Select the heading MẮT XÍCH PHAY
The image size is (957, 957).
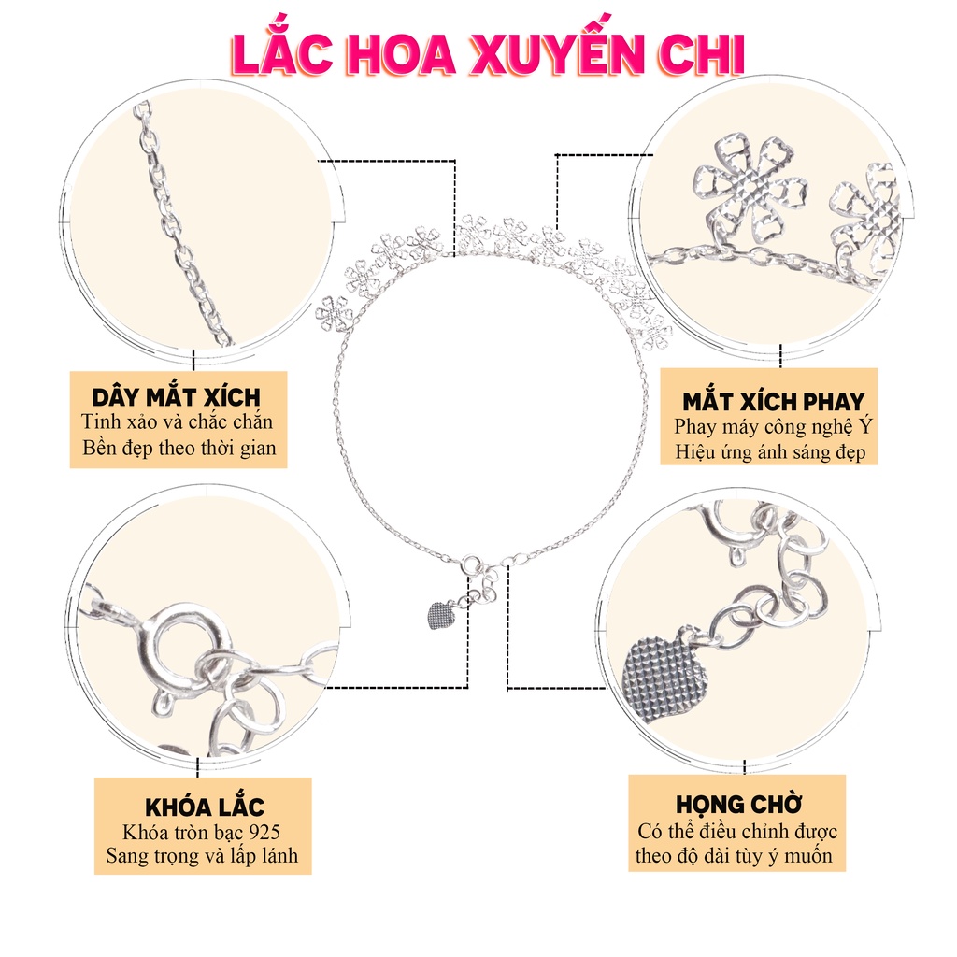pos(772,403)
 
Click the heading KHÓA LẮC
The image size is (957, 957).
pos(205,807)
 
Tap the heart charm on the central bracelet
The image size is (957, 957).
pos(439,614)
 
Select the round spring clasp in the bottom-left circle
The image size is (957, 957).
pos(190,644)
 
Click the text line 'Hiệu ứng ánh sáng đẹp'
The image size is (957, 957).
pos(771,452)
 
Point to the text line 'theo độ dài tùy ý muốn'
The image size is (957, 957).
pos(734,855)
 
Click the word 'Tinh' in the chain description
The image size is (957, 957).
pos(101,422)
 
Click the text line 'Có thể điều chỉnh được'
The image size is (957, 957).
pos(737,831)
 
